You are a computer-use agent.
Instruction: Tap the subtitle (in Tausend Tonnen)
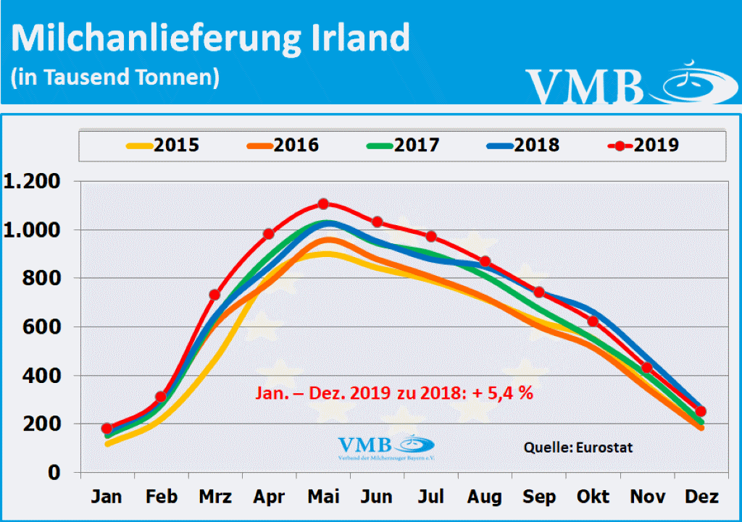pyautogui.click(x=114, y=77)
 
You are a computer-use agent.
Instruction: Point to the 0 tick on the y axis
pyautogui.click(x=64, y=472)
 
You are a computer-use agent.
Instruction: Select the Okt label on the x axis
pyautogui.click(x=593, y=497)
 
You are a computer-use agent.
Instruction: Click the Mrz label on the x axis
pyautogui.click(x=214, y=497)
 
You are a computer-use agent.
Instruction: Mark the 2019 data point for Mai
pyautogui.click(x=323, y=203)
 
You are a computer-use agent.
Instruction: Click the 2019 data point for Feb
pyautogui.click(x=161, y=397)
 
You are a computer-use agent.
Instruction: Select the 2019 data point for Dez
pyautogui.click(x=701, y=411)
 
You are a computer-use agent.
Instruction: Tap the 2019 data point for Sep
pyautogui.click(x=539, y=292)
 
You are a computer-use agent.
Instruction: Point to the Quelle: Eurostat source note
pyautogui.click(x=578, y=447)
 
